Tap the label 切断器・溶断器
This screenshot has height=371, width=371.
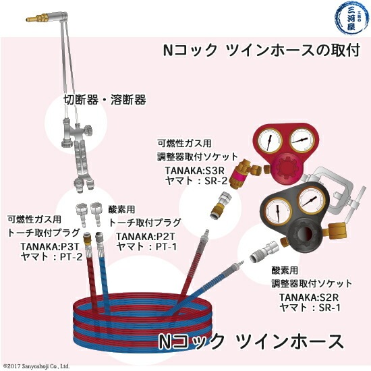point(105,100)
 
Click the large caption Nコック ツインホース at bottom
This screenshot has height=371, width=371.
point(250,341)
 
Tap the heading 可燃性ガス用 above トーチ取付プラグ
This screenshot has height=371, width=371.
point(34,220)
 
